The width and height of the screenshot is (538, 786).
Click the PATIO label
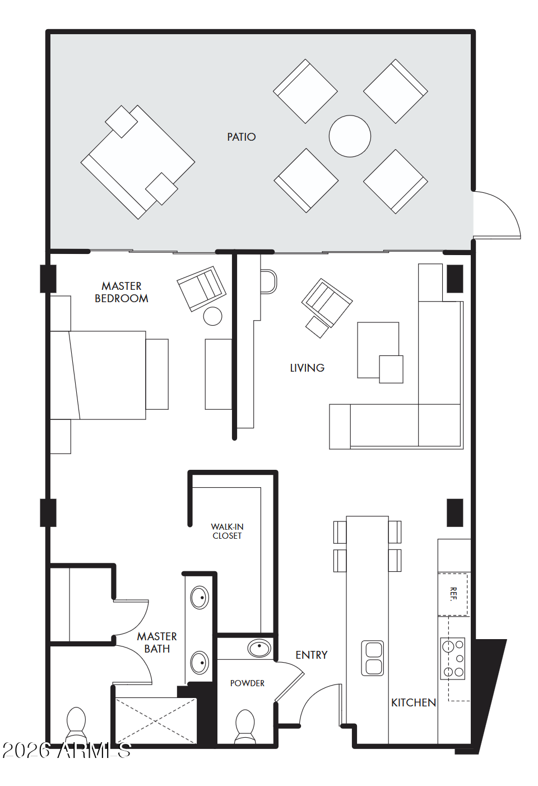click(241, 137)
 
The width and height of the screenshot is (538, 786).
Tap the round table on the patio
click(350, 136)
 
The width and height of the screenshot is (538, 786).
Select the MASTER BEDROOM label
click(122, 292)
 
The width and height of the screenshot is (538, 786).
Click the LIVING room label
click(307, 368)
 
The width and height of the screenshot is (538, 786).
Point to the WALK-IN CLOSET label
click(227, 531)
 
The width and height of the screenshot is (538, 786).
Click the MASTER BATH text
click(157, 642)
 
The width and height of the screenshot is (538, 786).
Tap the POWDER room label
click(247, 683)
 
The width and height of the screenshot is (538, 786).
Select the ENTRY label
click(312, 655)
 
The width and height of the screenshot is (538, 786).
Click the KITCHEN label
click(414, 702)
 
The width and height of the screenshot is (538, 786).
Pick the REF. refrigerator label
click(453, 593)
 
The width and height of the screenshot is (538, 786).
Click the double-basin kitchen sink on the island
click(373, 658)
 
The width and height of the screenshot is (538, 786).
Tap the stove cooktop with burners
click(453, 659)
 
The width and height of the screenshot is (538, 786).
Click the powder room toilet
click(245, 726)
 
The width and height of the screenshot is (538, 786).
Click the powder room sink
click(259, 649)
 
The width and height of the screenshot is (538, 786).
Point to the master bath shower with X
click(155, 720)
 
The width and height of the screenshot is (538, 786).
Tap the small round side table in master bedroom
click(212, 316)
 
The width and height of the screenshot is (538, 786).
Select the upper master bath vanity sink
click(200, 598)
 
